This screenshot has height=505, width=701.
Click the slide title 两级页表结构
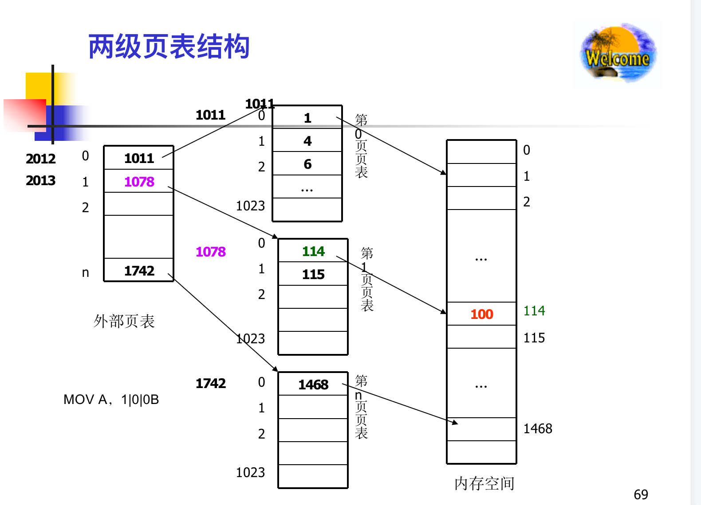169,47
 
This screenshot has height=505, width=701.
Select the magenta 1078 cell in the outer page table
139,182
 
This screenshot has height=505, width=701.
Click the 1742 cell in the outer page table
139,271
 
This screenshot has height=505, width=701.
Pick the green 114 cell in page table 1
313,251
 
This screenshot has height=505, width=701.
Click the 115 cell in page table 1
313,274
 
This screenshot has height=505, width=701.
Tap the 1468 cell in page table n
313,385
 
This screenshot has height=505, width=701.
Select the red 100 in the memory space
481,314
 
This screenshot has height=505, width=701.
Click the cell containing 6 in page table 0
307,164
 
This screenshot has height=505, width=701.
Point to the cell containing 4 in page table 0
307,141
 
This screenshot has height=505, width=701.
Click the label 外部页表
124,321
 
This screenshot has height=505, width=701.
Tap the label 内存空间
484,483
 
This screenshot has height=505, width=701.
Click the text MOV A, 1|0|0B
111,400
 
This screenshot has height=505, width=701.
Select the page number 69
641,494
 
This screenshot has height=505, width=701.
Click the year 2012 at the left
40,159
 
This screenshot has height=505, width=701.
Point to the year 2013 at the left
40,180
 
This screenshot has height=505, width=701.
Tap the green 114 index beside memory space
534,311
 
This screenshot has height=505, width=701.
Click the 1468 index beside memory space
538,428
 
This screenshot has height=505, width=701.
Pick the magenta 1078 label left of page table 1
210,252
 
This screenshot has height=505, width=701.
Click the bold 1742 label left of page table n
210,383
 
